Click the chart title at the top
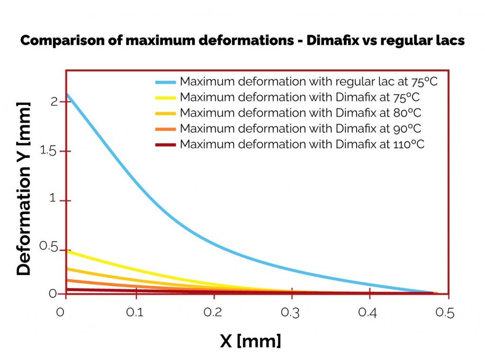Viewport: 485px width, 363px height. pos(242,41)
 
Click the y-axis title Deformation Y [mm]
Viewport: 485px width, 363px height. pos(24,188)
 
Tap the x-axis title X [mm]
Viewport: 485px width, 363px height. pos(250,340)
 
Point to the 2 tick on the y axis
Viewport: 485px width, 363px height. pos(54,102)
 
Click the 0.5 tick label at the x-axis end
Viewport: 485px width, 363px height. pos(445,313)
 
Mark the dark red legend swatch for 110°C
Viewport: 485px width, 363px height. pos(165,145)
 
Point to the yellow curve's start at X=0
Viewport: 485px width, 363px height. pos(67,251)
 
